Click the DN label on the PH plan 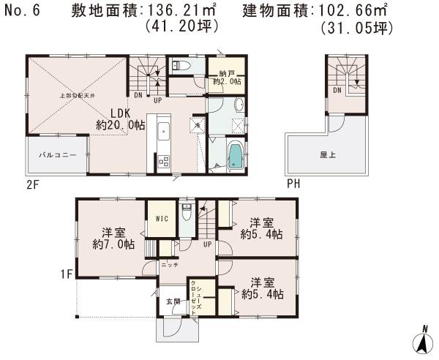[337, 91]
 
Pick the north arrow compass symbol [422, 339]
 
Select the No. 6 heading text [24, 11]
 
